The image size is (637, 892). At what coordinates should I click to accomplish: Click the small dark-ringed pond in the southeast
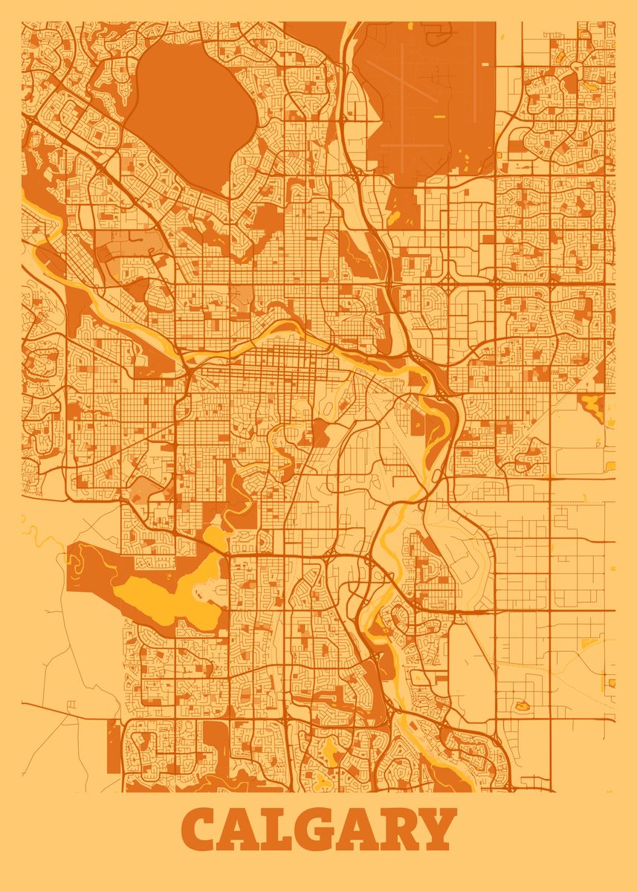click(520, 703)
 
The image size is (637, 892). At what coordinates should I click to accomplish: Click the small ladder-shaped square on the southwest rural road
click(71, 703)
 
